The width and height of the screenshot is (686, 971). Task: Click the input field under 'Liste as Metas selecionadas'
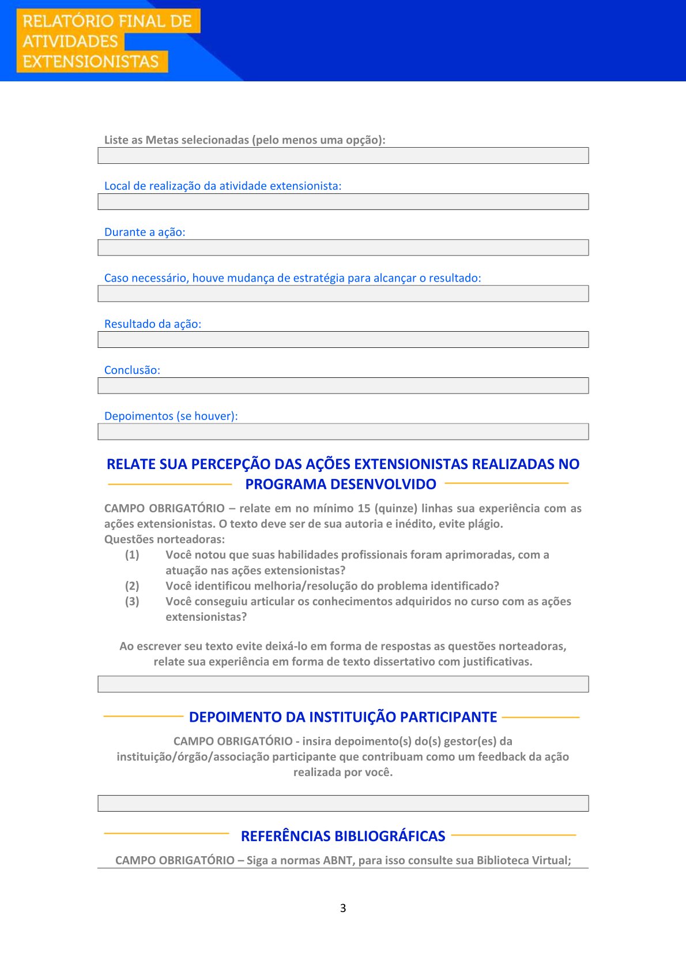click(343, 156)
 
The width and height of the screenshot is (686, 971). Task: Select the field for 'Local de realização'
click(343, 202)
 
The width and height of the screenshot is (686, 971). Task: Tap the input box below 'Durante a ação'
click(343, 248)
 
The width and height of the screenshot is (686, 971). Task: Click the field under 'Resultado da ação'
click(343, 340)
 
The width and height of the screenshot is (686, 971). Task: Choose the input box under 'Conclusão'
click(343, 386)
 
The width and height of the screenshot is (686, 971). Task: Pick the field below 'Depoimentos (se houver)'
click(343, 432)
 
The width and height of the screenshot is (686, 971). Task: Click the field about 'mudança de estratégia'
click(343, 294)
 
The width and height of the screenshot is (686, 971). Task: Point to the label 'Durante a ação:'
click(145, 232)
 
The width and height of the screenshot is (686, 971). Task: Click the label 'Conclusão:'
click(132, 370)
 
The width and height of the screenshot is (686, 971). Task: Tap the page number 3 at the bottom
click(343, 908)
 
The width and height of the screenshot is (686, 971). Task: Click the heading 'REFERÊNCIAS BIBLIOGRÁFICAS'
click(343, 836)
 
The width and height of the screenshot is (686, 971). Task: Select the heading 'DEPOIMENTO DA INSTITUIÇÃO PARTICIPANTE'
click(343, 717)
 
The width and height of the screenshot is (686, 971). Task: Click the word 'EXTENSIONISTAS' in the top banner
click(91, 62)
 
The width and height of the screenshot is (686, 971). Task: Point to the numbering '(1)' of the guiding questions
click(132, 555)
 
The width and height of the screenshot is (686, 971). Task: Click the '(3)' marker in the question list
click(132, 601)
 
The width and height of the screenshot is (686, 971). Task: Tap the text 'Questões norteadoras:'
click(164, 539)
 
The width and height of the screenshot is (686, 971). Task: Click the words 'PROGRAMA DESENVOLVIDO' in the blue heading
click(341, 484)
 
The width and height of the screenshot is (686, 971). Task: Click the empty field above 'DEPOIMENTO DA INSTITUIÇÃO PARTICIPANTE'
click(343, 684)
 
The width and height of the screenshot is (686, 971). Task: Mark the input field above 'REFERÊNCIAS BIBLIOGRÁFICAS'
click(343, 803)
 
